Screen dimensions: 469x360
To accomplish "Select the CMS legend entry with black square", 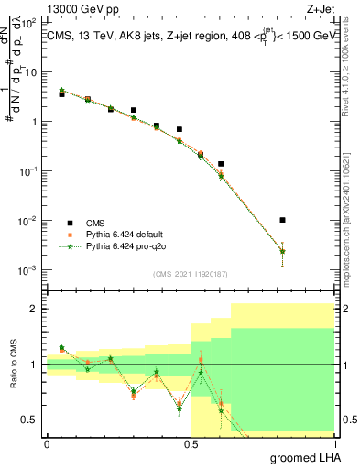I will [96, 223].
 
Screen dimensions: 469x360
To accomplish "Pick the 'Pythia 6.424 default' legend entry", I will [122, 234].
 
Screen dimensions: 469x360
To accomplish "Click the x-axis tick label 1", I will [334, 444].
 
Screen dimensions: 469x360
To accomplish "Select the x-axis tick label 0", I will [48, 444].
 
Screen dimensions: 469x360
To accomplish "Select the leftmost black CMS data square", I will [61, 94].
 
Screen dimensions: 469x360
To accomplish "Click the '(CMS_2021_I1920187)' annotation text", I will [191, 274].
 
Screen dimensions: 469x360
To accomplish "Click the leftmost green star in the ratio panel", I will [61, 348].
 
